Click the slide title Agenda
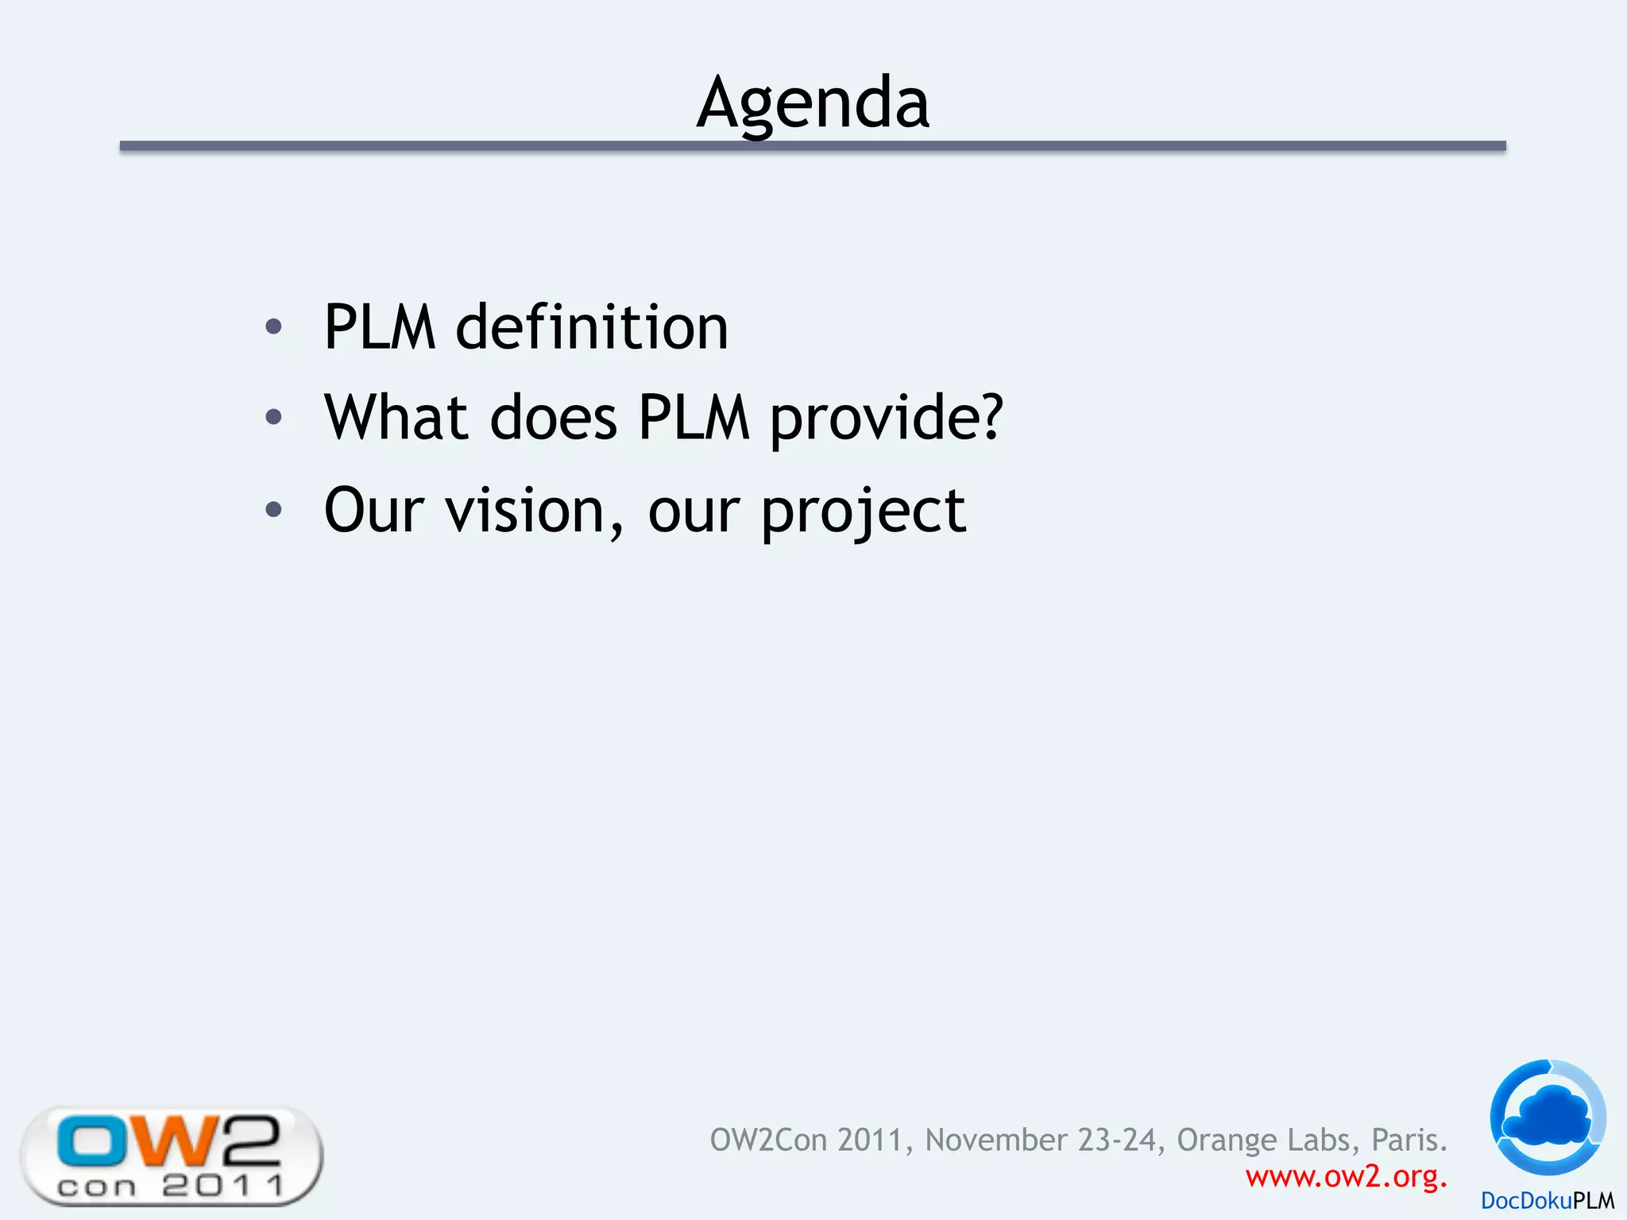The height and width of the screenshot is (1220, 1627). pos(813,103)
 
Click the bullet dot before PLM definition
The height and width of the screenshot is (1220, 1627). pos(273,326)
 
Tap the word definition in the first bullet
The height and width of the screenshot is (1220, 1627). pos(592,327)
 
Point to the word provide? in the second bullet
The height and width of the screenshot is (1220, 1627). pos(887,419)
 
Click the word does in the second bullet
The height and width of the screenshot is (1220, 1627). pos(554,418)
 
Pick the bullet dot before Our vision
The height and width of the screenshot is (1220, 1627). pos(273,509)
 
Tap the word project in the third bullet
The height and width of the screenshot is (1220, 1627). pos(864,512)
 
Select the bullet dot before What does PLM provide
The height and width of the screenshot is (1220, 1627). pos(273,417)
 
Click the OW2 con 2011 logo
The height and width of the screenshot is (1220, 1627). pos(172,1156)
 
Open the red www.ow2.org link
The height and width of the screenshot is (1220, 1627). pos(1346,1176)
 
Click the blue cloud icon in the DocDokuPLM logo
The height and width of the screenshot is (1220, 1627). pos(1548,1117)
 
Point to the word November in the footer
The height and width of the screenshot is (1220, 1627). pos(996,1141)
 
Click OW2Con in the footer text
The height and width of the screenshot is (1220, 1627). pos(769,1141)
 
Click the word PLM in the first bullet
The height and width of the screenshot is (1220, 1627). pos(380,327)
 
